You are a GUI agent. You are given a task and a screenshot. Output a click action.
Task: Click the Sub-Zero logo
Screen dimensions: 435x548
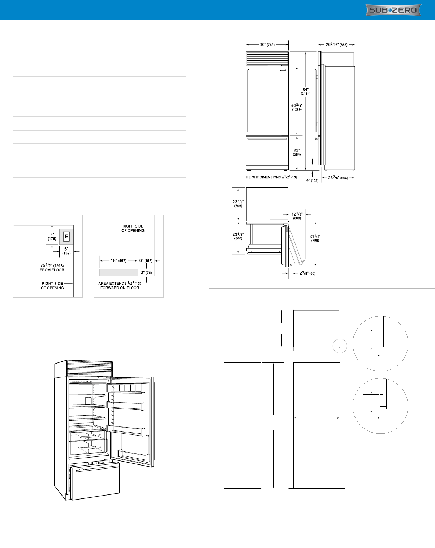click(393, 10)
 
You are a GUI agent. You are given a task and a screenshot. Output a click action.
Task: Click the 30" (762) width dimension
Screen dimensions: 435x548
click(267, 44)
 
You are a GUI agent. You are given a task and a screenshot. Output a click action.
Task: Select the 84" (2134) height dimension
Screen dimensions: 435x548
click(305, 92)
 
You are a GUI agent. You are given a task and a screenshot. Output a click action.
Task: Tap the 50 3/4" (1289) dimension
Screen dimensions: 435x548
click(297, 107)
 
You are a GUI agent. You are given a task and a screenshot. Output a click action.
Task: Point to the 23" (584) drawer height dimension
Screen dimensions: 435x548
click(297, 152)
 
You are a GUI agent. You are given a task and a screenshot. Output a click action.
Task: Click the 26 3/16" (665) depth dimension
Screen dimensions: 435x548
click(336, 44)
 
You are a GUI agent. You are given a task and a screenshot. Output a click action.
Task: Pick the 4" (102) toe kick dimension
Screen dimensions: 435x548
click(312, 180)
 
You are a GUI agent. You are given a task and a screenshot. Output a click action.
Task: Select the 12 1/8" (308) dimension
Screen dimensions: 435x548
click(297, 216)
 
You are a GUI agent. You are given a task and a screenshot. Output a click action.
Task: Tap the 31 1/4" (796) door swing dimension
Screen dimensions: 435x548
click(315, 238)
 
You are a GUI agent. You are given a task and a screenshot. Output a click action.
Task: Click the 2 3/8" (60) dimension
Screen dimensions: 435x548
click(307, 273)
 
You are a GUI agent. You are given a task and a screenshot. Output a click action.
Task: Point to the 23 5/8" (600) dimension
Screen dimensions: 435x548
click(238, 236)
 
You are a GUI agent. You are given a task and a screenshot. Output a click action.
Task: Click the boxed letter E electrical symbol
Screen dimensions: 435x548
click(66, 237)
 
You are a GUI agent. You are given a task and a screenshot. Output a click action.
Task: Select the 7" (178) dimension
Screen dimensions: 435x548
click(52, 236)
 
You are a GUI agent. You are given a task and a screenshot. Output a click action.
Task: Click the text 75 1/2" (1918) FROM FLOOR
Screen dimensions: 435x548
click(52, 268)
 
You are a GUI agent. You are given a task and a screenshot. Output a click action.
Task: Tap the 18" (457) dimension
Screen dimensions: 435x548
click(118, 260)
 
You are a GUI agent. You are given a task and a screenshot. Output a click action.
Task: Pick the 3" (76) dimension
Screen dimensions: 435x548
click(146, 272)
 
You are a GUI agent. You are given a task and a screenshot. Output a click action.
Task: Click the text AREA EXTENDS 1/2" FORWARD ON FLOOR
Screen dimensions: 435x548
click(120, 285)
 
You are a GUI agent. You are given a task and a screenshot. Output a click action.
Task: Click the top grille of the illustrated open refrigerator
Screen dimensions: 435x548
click(89, 369)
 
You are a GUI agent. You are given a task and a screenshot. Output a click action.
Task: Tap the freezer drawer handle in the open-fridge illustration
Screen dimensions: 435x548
click(97, 469)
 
